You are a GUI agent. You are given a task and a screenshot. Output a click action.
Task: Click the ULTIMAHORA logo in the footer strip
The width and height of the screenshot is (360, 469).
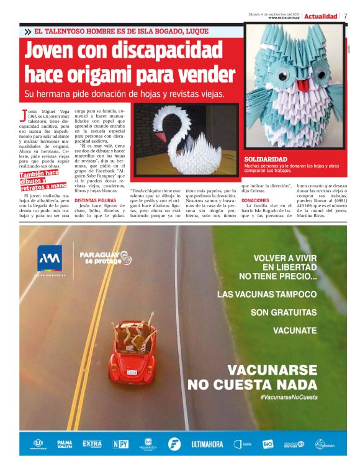(x=208, y=444)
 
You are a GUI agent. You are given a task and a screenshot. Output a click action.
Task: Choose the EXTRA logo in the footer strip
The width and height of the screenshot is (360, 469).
(x=92, y=444)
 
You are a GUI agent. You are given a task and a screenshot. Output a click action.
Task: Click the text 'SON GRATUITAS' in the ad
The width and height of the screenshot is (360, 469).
(x=283, y=313)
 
